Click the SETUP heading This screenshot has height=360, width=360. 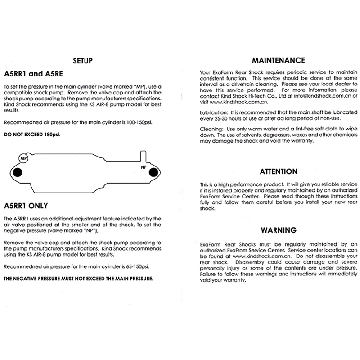click(x=82, y=61)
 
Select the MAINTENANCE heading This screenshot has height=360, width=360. click(x=278, y=60)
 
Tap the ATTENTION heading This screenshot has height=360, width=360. click(x=279, y=171)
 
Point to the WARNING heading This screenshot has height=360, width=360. click(x=279, y=230)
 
